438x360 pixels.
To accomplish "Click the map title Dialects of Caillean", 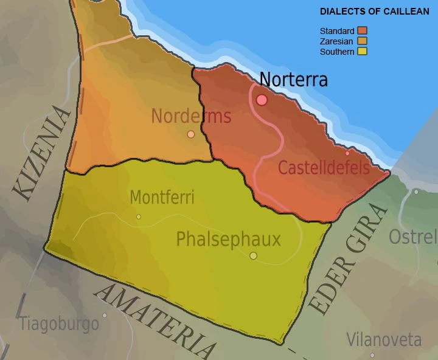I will pyautogui.click(x=374, y=12).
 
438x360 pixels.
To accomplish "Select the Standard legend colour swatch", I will pyautogui.click(x=363, y=31).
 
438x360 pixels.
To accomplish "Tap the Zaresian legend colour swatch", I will pyautogui.click(x=363, y=41).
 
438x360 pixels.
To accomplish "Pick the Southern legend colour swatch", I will pyautogui.click(x=363, y=52).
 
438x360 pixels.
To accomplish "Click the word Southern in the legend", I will pyautogui.click(x=337, y=52).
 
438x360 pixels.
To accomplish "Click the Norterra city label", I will pyautogui.click(x=293, y=80).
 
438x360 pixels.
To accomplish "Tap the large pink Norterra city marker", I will pyautogui.click(x=262, y=100).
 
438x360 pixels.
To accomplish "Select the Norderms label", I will pyautogui.click(x=191, y=116).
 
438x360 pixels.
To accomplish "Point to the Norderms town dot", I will pyautogui.click(x=191, y=134).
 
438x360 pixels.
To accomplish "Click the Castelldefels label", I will pyautogui.click(x=324, y=167).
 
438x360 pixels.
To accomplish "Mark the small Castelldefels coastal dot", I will pyautogui.click(x=347, y=153).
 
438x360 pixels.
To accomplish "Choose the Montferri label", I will pyautogui.click(x=162, y=198).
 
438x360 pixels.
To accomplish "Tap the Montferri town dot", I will pyautogui.click(x=139, y=216).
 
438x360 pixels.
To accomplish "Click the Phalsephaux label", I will pyautogui.click(x=228, y=239).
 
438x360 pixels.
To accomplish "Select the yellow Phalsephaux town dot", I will pyautogui.click(x=253, y=255).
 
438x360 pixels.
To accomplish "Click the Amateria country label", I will pyautogui.click(x=156, y=321).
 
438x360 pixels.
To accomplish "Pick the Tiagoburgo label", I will pyautogui.click(x=59, y=324).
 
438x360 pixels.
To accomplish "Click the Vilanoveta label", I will pyautogui.click(x=384, y=339).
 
